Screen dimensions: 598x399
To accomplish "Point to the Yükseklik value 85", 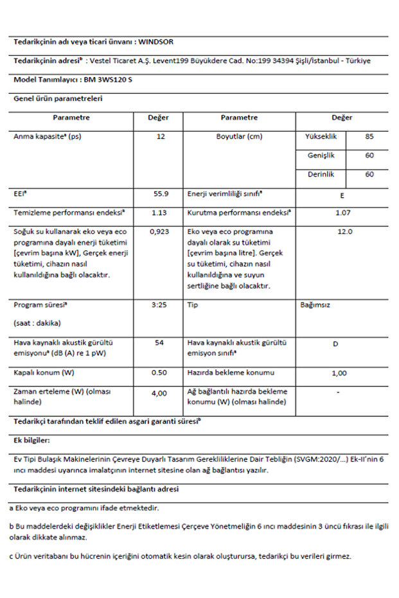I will tap(369, 136).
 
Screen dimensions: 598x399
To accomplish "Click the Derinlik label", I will tap(319, 174).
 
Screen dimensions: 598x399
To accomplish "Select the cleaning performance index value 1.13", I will tap(159, 212).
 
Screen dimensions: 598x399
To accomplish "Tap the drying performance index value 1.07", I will tap(344, 212).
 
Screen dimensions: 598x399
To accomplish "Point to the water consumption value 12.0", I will tap(344, 231).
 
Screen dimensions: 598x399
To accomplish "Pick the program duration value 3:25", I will tap(159, 305).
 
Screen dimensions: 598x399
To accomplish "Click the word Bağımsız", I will tap(315, 305).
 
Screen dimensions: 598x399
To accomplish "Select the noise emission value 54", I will tap(159, 343).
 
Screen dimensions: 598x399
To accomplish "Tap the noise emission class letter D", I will tap(335, 344).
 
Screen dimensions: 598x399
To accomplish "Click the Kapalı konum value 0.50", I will tap(159, 373).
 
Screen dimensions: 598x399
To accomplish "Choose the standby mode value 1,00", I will tap(339, 373).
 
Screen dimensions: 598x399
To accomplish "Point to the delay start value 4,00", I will tap(159, 392).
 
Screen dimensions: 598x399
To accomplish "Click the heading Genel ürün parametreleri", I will tap(58, 99).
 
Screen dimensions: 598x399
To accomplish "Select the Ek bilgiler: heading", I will tap(31, 441).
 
